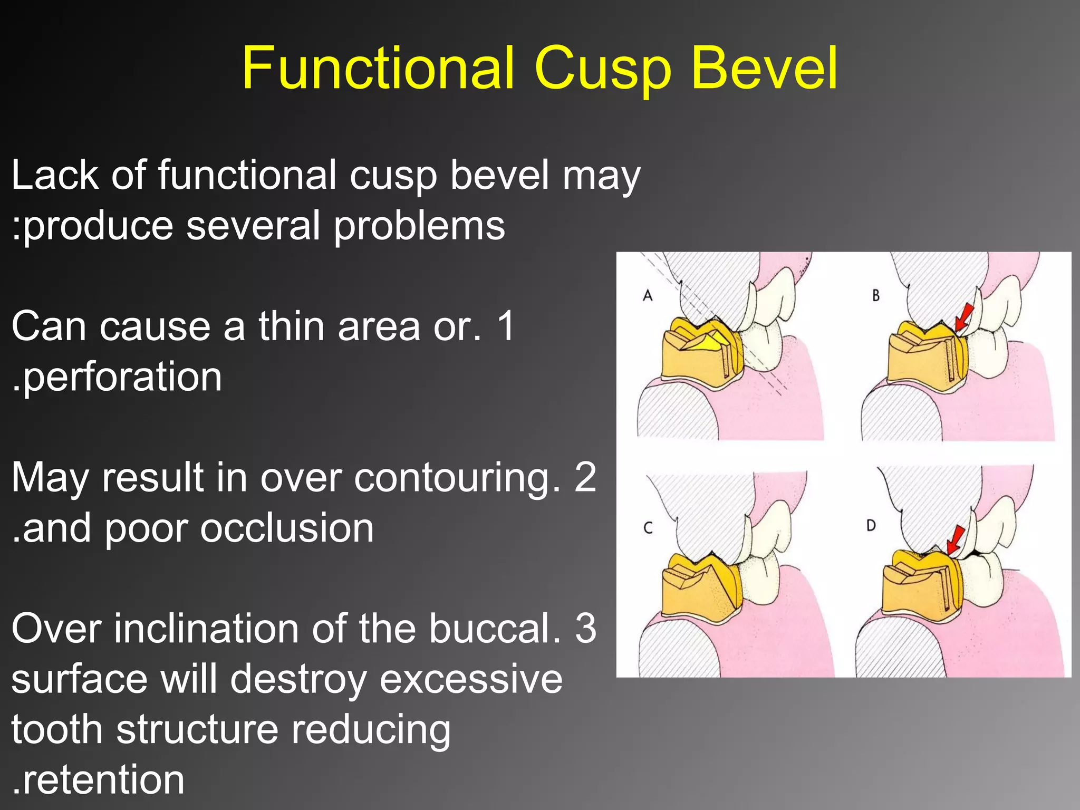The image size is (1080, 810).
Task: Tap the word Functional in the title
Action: [378, 69]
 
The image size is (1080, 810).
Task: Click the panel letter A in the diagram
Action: [648, 295]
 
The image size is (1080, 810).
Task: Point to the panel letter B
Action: [876, 295]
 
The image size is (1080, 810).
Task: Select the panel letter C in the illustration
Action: [648, 527]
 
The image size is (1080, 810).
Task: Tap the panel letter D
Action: [871, 525]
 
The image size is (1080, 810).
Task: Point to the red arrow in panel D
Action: [955, 541]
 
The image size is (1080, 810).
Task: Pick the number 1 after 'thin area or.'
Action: [506, 326]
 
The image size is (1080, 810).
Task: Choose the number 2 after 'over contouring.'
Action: [585, 477]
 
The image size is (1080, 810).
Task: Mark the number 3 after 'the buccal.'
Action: [585, 629]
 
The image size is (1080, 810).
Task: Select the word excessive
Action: [471, 679]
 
